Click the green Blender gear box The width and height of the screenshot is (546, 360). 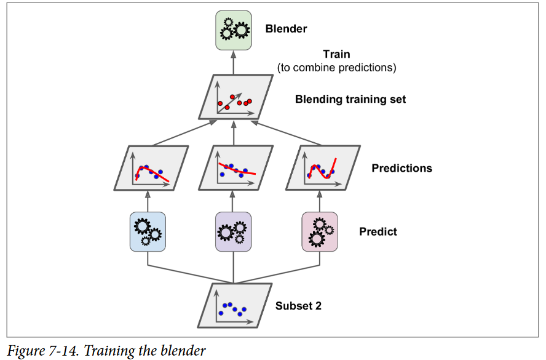click(234, 30)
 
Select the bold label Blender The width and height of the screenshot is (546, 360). click(286, 28)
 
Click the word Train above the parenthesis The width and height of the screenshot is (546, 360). click(336, 54)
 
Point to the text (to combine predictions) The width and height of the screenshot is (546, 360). click(336, 68)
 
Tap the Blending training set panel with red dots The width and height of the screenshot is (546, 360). click(235, 97)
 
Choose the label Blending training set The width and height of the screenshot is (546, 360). click(350, 99)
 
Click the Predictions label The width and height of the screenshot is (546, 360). click(402, 168)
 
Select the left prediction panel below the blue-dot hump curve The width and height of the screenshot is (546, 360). click(148, 168)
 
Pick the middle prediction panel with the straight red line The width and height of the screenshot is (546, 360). click(235, 168)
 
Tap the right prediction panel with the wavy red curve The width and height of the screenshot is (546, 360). click(321, 168)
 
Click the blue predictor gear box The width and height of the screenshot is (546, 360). click(148, 231)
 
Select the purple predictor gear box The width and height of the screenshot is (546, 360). click(234, 231)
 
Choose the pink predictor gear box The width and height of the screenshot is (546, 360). click(320, 231)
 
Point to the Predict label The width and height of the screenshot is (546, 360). click(378, 232)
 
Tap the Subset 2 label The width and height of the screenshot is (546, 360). click(298, 306)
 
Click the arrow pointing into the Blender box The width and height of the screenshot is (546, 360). click(234, 62)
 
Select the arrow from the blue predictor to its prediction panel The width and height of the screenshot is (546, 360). click(148, 201)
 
